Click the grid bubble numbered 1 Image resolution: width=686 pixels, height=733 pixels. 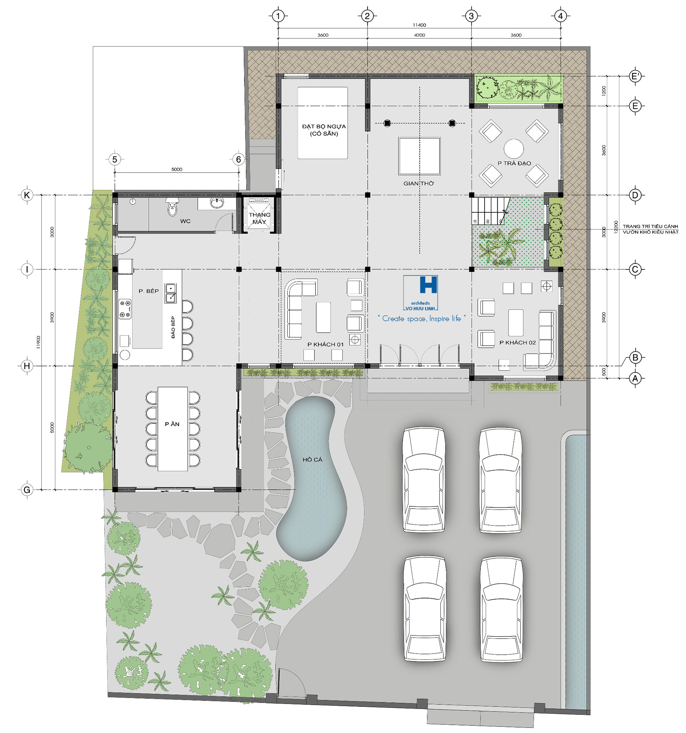tap(278, 16)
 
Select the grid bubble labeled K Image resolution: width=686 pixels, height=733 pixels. tap(26, 195)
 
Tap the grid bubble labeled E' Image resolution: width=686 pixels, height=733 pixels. tap(635, 76)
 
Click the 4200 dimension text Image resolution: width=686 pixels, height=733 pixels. tap(419, 35)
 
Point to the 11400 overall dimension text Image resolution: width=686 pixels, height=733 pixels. tap(419, 25)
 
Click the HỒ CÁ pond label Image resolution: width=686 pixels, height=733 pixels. tap(312, 459)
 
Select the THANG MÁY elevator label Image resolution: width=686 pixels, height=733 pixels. tap(259, 218)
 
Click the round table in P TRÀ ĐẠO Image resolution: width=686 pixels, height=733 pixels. tap(513, 148)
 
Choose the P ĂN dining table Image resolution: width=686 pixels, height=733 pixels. tap(173, 429)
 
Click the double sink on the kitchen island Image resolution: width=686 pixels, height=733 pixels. tap(170, 293)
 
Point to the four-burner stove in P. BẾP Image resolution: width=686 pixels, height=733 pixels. tap(125, 309)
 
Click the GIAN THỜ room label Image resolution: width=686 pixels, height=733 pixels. tap(418, 183)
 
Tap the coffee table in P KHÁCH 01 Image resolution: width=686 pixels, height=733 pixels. tap(323, 317)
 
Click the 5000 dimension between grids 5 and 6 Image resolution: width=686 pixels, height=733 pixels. tap(177, 169)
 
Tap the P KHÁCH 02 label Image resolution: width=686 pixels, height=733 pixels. tap(517, 342)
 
